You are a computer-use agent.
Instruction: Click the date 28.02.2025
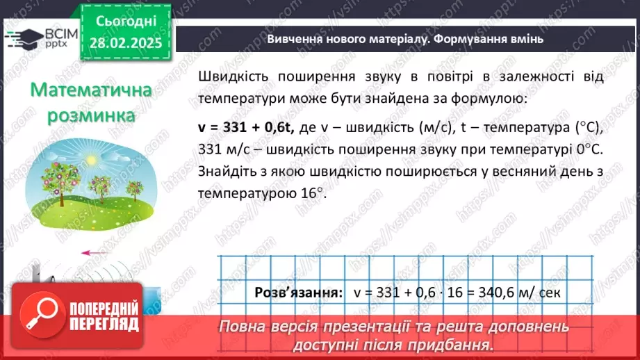pos(125,42)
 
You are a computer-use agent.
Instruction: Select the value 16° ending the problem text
pos(311,194)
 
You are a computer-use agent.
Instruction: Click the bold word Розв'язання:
pos(298,292)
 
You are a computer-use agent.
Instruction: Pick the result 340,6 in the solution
pos(495,292)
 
